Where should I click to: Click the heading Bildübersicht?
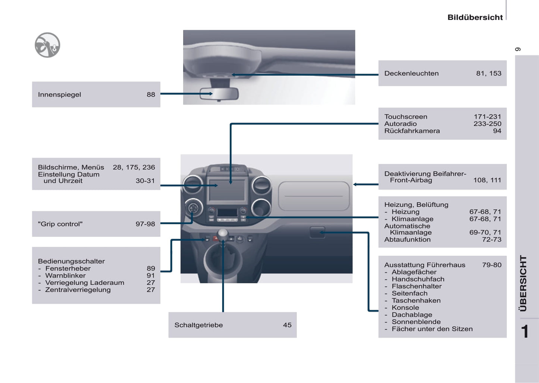click(x=475, y=17)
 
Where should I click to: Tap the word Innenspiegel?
click(x=59, y=94)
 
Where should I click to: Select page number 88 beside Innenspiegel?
click(x=151, y=94)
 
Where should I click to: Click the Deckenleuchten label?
click(x=411, y=74)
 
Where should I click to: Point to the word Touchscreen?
click(x=406, y=117)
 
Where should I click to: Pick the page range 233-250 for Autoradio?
click(x=487, y=124)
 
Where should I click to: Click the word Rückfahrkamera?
click(x=412, y=131)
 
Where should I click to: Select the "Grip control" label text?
click(x=60, y=224)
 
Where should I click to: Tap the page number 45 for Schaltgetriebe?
click(x=287, y=325)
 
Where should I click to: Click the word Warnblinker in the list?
click(x=65, y=275)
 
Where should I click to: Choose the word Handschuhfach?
click(x=418, y=279)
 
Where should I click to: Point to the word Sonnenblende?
click(x=416, y=322)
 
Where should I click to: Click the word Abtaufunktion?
click(x=407, y=240)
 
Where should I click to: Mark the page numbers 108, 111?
click(x=487, y=180)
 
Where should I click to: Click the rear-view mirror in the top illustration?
click(x=219, y=94)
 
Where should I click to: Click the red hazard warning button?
click(x=216, y=238)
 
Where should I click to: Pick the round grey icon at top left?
click(x=47, y=45)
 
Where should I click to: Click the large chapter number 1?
click(x=525, y=331)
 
